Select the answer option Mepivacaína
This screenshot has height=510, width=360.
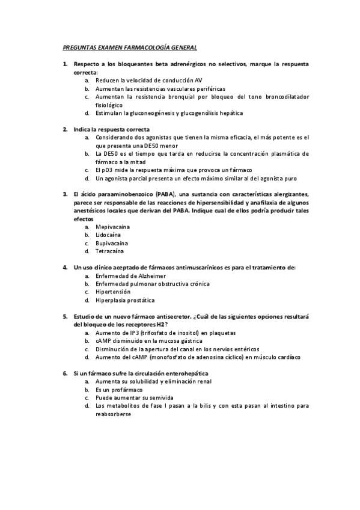pyautogui.click(x=112, y=227)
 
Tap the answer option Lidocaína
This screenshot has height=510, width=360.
pyautogui.click(x=109, y=235)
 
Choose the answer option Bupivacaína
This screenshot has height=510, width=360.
pyautogui.click(x=112, y=244)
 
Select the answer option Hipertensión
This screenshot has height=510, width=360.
pyautogui.click(x=112, y=292)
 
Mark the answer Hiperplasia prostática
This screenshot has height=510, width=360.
pyautogui.click(x=124, y=300)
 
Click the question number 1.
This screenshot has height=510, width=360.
pyautogui.click(x=65, y=64)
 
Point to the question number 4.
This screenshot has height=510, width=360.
pyautogui.click(x=65, y=267)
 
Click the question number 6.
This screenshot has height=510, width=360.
pyautogui.click(x=65, y=373)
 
